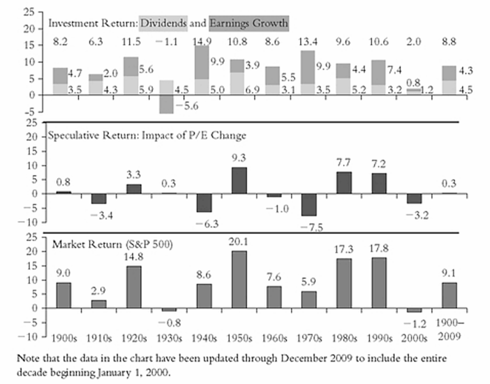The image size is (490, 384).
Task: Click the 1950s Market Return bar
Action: click(x=236, y=279)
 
